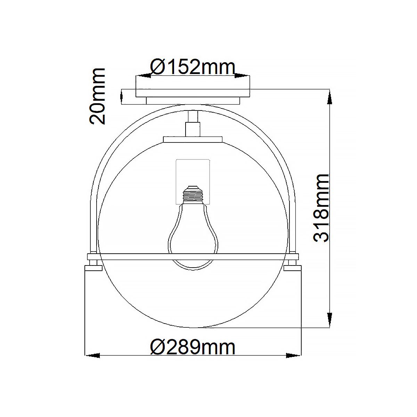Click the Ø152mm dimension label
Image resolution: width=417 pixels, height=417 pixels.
click(193, 67)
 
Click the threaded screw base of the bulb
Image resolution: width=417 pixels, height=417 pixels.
click(193, 195)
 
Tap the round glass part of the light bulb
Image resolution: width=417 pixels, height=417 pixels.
click(193, 236)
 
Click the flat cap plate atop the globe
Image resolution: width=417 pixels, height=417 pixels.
click(193, 139)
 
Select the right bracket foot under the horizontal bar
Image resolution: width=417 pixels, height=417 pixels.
click(292, 268)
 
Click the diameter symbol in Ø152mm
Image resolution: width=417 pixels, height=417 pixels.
click(158, 67)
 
